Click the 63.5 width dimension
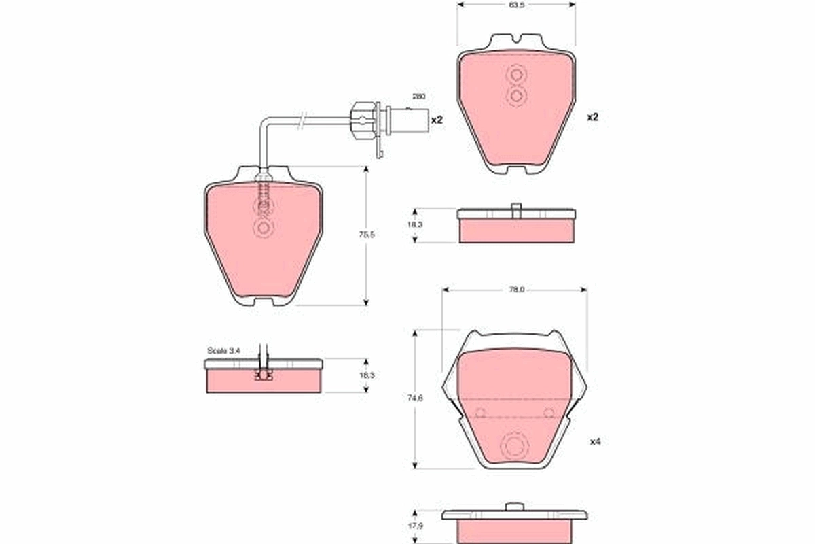(x=515, y=5)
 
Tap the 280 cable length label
(x=418, y=97)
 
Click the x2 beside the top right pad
(x=592, y=117)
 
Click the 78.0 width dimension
(x=516, y=290)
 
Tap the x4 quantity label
(x=595, y=441)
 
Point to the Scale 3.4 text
(x=223, y=351)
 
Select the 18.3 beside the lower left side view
(x=367, y=375)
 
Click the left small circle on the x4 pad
(x=481, y=412)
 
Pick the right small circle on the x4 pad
(x=549, y=412)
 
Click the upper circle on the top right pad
(x=515, y=75)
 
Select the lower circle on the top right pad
(x=515, y=97)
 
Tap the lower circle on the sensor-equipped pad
(x=263, y=228)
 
